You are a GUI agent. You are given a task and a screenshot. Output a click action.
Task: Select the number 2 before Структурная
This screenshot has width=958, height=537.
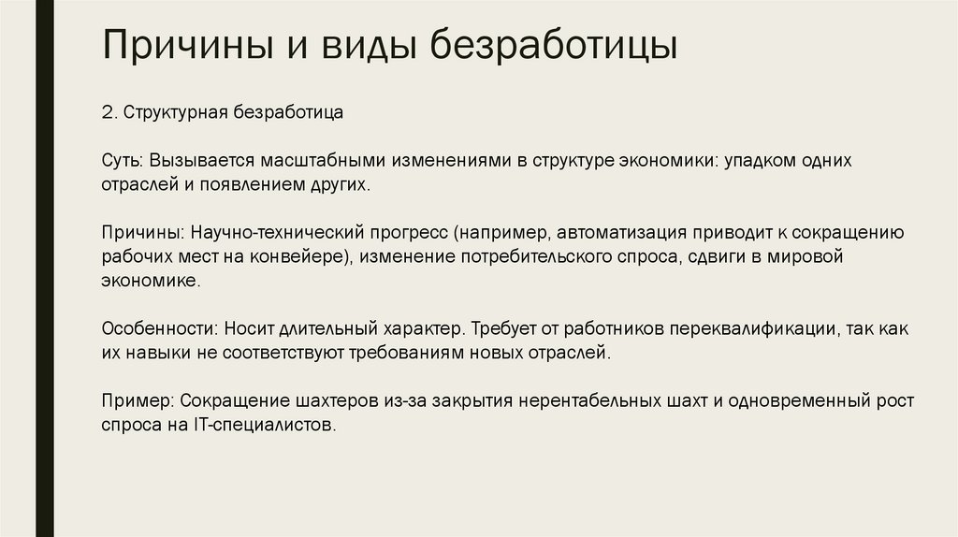click(107, 112)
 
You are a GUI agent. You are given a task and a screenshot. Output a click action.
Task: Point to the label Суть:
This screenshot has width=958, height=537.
click(121, 161)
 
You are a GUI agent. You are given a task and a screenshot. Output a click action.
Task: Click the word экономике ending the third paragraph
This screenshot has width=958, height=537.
click(150, 280)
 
